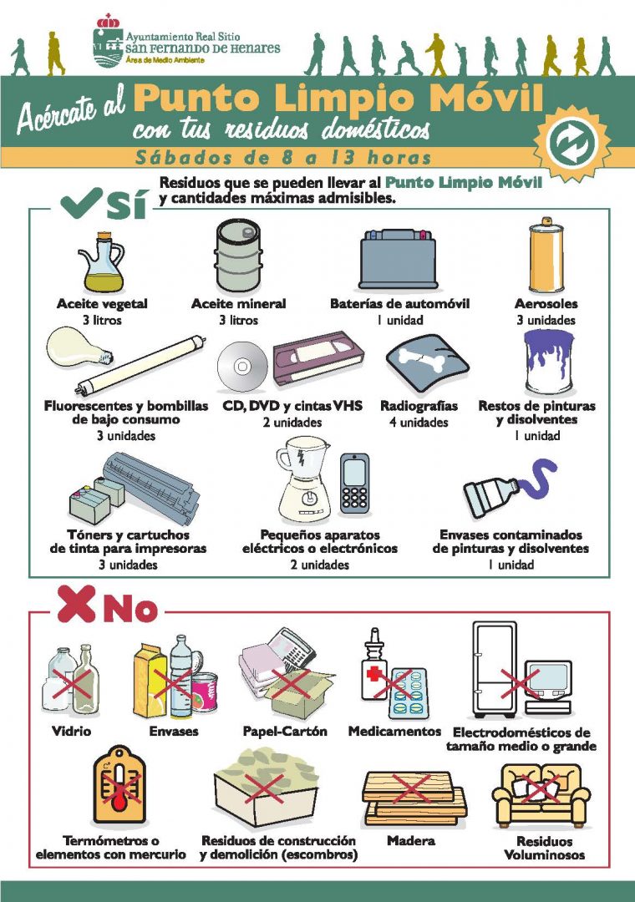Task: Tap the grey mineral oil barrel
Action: (238, 256)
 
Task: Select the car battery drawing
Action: (397, 259)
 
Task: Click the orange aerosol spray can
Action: (546, 255)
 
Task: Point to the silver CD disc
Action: (242, 367)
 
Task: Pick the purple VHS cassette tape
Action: (317, 358)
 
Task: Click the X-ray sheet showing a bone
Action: (427, 363)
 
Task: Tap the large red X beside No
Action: (76, 604)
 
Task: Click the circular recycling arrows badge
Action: (571, 141)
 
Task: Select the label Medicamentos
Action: (394, 731)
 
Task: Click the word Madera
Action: (411, 840)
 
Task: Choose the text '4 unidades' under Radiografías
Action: (419, 423)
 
